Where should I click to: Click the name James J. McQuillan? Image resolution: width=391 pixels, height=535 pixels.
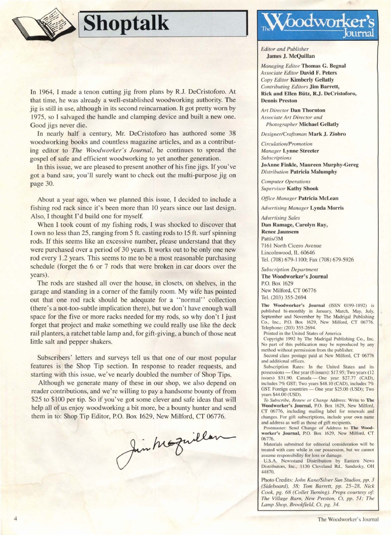[x=290, y=56]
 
